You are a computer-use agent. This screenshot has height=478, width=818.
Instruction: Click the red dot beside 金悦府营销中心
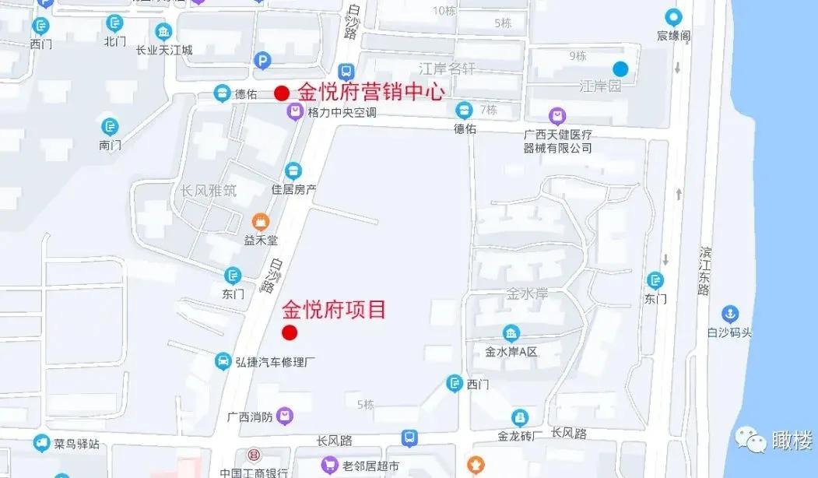tap(282, 93)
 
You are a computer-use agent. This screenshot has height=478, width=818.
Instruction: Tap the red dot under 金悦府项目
tap(290, 333)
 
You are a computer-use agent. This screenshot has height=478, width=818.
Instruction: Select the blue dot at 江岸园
tap(620, 69)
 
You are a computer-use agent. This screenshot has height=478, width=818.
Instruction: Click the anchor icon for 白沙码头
tap(730, 315)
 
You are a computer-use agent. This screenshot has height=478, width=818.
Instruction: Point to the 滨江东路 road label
tap(704, 272)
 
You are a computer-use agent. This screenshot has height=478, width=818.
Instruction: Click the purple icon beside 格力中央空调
tap(295, 113)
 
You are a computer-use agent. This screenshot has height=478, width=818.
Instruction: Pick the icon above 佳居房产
tap(293, 170)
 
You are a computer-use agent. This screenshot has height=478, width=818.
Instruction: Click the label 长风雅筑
tap(208, 191)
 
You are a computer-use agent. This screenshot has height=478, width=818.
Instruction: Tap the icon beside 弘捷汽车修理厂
tap(223, 362)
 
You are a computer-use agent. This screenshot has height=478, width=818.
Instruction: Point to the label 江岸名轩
tap(447, 69)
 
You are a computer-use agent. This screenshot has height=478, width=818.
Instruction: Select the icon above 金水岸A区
tap(511, 333)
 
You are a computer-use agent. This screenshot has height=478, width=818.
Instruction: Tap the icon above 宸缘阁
tap(673, 16)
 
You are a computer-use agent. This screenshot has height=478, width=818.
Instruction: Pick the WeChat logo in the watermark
tap(752, 441)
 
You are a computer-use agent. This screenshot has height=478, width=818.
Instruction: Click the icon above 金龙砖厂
tap(520, 417)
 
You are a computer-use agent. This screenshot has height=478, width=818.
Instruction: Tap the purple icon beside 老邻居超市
tap(330, 466)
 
